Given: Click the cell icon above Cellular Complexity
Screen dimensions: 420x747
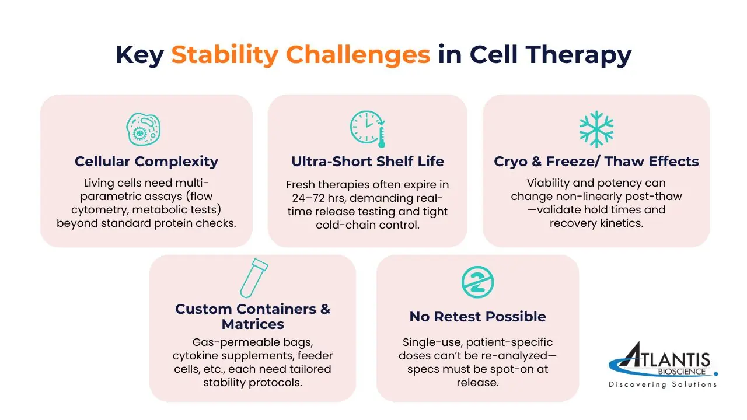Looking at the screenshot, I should point(144,129).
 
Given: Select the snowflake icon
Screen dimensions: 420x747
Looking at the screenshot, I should point(596,129).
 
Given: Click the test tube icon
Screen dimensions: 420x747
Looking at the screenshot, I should point(254,278).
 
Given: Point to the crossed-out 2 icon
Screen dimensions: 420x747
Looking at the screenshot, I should point(477,282).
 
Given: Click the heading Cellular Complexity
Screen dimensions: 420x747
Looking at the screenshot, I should point(146,162).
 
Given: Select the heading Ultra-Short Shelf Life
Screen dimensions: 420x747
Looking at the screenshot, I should point(368,162).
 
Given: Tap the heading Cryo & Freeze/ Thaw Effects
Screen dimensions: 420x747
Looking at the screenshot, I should point(596,162).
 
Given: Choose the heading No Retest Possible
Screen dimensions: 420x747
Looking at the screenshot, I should point(477,317).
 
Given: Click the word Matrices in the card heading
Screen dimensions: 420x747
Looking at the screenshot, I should point(253,324).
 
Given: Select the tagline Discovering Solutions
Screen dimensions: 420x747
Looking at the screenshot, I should point(662,384).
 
